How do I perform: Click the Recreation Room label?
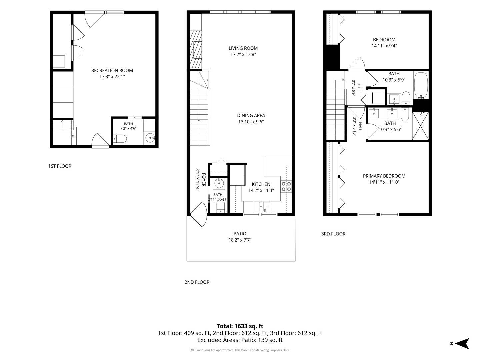point(112,70)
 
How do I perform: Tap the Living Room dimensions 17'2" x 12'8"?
point(243,54)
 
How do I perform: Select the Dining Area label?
point(251,115)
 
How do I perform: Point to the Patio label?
point(240,234)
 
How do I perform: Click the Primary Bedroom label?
point(384,176)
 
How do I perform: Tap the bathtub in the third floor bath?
point(421,85)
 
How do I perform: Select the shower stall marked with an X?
point(420,126)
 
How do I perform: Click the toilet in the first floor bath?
point(120,139)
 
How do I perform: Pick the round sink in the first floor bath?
point(150,138)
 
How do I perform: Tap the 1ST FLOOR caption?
point(60,166)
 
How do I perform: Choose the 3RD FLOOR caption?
point(333,234)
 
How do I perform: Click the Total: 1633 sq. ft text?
point(240,326)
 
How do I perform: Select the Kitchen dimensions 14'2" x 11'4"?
point(261,190)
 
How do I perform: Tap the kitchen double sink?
point(265,207)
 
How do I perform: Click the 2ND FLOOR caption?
point(197,282)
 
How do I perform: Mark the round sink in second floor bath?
point(219,184)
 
